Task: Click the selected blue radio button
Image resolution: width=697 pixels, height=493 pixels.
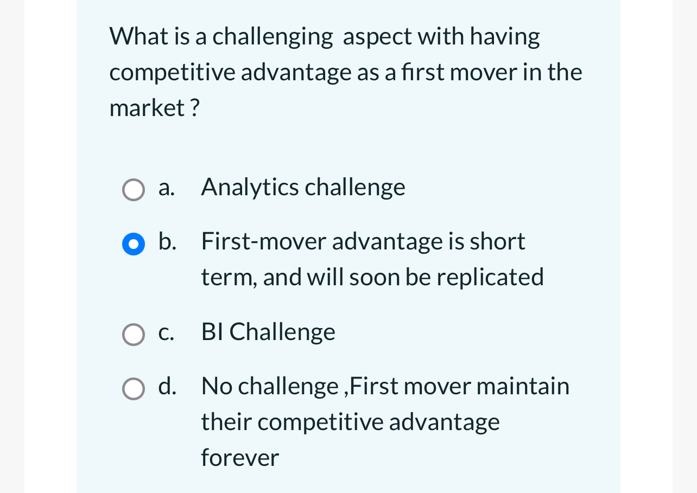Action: point(134,244)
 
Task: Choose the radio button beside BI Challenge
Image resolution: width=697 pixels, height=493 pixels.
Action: point(134,335)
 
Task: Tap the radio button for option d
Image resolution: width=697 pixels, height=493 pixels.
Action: point(134,389)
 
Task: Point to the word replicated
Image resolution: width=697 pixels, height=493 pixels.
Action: point(490,277)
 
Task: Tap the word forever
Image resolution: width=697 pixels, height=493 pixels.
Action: point(240,458)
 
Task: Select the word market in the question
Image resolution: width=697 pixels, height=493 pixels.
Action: point(147,108)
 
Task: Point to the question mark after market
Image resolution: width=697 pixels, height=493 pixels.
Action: point(194,108)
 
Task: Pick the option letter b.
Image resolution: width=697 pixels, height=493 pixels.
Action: point(167,241)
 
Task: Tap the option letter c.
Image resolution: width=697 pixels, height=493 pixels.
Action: point(166,332)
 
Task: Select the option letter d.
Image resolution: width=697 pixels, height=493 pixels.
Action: point(167,386)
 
